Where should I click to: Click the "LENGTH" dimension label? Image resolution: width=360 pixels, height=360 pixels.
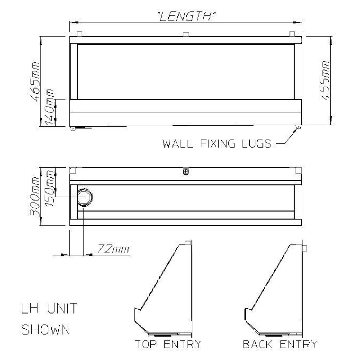(x=186, y=16)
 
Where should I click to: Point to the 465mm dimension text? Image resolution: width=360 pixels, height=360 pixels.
(x=35, y=81)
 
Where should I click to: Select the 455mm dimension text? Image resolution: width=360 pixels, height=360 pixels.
(x=325, y=80)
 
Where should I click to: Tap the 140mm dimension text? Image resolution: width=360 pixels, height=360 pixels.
(x=50, y=107)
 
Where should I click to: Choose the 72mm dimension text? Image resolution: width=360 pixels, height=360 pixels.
(x=113, y=248)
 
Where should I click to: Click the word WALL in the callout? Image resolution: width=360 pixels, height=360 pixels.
(x=177, y=144)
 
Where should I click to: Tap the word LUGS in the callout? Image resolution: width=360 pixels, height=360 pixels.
(x=256, y=144)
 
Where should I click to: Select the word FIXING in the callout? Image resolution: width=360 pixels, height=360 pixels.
(x=217, y=144)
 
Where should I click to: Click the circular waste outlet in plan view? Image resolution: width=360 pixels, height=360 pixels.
(x=85, y=197)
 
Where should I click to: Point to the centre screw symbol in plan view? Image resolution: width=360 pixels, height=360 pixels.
(x=186, y=171)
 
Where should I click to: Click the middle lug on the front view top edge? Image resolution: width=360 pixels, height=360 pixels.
(x=186, y=35)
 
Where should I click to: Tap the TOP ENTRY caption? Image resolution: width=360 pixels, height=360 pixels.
(x=168, y=344)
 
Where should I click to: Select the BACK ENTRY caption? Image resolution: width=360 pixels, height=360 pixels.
(x=280, y=344)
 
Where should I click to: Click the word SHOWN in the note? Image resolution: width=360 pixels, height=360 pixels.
(x=46, y=329)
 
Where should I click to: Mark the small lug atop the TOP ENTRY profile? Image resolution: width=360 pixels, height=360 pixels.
(x=188, y=243)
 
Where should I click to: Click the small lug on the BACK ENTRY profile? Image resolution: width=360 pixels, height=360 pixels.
(x=305, y=248)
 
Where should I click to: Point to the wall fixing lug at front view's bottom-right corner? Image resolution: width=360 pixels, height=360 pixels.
(x=298, y=127)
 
